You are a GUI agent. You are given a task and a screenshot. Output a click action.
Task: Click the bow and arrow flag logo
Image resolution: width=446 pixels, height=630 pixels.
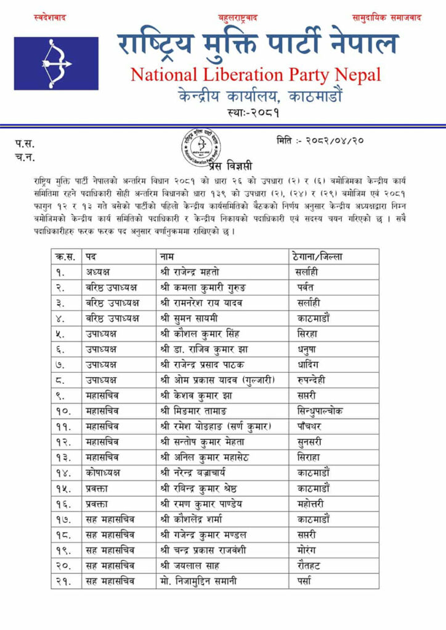click(56, 63)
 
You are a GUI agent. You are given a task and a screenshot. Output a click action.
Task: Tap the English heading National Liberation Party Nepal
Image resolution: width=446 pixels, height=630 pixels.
click(256, 75)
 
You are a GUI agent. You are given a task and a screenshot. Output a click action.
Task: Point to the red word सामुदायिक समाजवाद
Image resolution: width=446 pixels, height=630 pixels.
click(386, 18)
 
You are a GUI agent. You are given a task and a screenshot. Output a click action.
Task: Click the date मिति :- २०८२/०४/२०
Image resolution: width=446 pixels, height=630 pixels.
click(320, 140)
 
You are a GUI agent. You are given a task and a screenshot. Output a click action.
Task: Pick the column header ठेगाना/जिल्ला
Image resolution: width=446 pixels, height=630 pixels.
click(316, 256)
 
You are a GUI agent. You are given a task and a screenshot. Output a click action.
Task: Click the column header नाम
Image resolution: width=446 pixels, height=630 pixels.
click(166, 256)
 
